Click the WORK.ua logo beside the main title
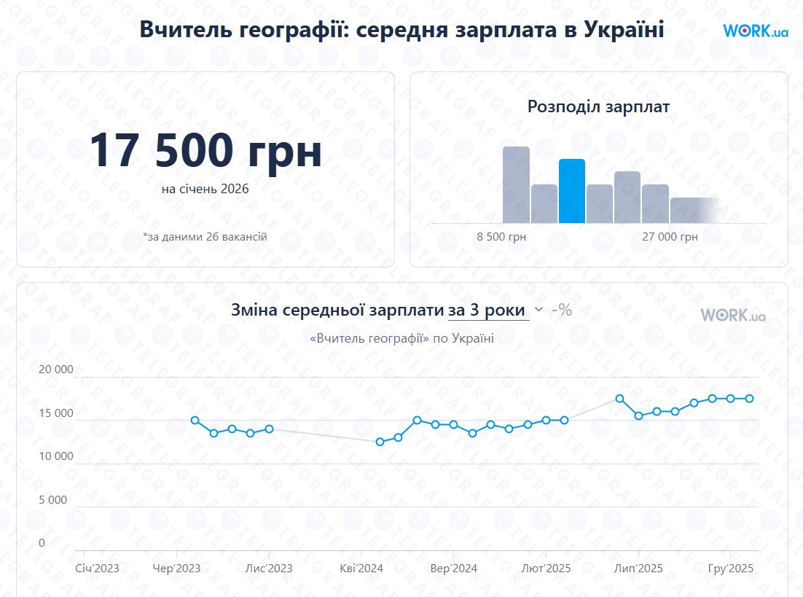756,31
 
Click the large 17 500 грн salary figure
205,151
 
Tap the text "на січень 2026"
205,189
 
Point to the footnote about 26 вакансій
205,237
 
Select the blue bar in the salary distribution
572,191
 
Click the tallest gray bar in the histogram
516,184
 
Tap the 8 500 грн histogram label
501,237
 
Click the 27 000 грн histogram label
670,237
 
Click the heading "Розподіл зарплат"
598,106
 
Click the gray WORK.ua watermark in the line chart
733,315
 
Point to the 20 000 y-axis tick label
56,370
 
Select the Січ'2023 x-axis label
97,568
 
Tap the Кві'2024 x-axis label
361,568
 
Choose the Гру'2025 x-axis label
731,568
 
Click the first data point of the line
195,420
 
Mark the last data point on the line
749,398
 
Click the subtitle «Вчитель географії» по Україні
401,338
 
